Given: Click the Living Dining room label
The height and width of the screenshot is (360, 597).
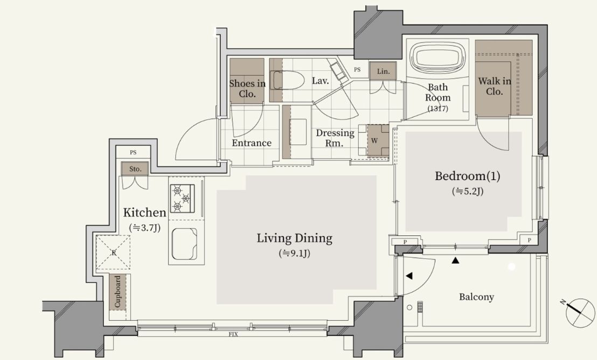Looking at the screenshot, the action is [294, 238].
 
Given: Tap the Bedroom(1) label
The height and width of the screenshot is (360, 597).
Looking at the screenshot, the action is [468, 176].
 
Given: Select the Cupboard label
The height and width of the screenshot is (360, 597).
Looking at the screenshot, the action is [117, 292].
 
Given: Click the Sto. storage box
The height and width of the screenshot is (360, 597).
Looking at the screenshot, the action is [135, 169].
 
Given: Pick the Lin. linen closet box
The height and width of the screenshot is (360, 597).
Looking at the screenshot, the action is [383, 71].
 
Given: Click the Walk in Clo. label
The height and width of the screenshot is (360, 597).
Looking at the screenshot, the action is [495, 86].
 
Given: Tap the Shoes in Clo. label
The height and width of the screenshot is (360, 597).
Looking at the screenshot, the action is [247, 88].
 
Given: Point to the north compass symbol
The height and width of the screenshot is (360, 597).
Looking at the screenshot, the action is [579, 313].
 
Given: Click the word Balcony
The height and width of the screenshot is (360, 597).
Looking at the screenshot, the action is [476, 297].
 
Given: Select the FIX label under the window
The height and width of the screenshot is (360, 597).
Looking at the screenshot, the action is [233, 335].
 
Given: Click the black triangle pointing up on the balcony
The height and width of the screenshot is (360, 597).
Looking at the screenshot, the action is [455, 261].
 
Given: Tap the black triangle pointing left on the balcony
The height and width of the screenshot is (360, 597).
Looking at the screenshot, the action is [409, 276].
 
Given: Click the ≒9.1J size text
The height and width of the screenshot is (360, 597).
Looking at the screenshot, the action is [294, 253].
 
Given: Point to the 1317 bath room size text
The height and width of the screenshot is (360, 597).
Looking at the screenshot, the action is [438, 108].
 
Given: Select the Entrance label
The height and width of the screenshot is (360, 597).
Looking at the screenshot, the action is [251, 143].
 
